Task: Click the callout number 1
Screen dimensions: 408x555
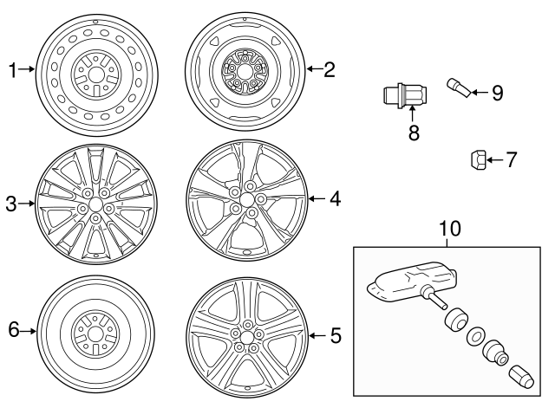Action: (12, 69)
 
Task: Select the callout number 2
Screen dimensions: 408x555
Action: (329, 69)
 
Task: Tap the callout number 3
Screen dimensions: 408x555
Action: (11, 204)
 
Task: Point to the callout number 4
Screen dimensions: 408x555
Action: (335, 199)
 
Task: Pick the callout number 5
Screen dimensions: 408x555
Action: (336, 333)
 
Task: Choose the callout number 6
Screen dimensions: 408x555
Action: (12, 331)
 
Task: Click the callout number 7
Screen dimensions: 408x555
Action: (511, 159)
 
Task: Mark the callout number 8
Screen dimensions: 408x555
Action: (413, 133)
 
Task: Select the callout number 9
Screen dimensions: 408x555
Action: (496, 93)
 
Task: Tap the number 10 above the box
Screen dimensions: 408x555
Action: (450, 229)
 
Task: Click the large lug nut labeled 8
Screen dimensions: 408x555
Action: (403, 96)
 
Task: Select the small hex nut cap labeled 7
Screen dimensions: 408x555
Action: (476, 159)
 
